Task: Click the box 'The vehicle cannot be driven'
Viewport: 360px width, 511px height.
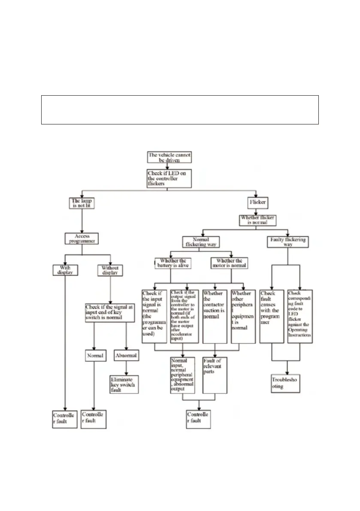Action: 169,157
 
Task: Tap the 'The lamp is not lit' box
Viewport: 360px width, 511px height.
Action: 82,203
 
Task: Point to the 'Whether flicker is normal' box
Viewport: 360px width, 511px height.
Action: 257,220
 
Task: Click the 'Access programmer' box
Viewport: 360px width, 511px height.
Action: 82,239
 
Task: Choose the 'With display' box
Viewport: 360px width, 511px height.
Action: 65,270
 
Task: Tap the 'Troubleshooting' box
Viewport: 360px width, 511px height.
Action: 286,383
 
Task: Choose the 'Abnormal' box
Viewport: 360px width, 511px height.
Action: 126,356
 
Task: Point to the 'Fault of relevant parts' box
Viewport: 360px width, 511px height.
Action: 214,375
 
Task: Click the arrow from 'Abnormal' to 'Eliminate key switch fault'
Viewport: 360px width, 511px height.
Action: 126,369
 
